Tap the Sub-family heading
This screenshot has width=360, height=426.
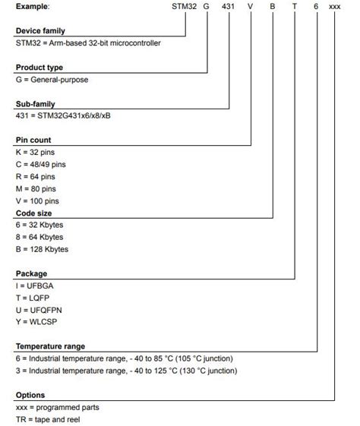35,103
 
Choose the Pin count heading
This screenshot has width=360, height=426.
33,140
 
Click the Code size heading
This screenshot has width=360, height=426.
34,214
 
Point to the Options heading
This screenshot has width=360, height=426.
30,395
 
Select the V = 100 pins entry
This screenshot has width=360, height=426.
39,201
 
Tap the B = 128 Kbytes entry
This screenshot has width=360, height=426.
42,249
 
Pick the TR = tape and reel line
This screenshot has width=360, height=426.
47,419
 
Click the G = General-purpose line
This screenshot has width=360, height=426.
55,79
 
